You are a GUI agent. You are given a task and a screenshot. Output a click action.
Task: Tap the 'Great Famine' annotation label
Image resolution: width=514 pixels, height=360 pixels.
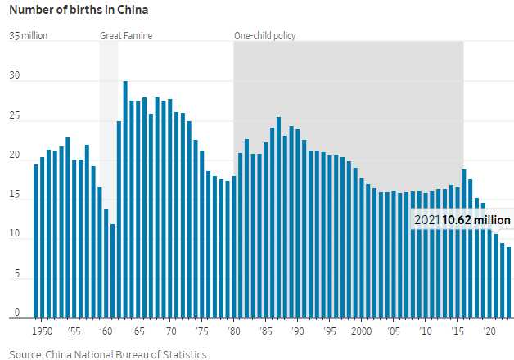[125, 36]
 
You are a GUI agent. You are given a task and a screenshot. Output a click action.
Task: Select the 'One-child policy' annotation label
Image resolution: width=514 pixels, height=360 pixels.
[264, 36]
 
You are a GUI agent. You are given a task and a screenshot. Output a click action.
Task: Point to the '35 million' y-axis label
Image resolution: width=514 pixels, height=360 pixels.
[29, 36]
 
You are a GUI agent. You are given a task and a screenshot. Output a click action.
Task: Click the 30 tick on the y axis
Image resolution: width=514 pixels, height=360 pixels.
[15, 79]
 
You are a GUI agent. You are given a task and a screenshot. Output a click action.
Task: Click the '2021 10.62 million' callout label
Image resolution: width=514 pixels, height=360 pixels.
[462, 220]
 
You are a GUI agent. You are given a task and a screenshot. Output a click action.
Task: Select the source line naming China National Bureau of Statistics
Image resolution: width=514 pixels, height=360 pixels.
[108, 354]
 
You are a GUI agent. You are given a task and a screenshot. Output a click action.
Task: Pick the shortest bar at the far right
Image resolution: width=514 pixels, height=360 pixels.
[508, 282]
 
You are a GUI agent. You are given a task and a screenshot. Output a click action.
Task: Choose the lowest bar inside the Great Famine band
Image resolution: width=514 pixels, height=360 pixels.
[112, 271]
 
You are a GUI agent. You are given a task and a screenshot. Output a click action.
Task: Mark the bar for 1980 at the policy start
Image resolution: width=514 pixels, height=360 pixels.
[233, 246]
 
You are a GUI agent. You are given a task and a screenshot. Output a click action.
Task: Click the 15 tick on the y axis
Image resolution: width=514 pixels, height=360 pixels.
[15, 199]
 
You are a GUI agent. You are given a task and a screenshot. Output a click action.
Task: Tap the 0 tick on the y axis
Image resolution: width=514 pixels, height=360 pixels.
[16, 314]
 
